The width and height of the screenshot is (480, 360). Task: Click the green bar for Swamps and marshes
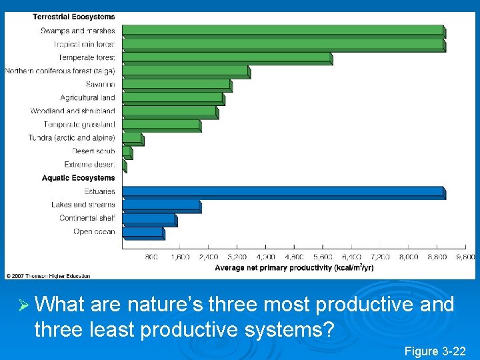point(283,31)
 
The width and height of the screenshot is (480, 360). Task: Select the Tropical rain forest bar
point(283,45)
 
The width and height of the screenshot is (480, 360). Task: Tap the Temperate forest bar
point(227,58)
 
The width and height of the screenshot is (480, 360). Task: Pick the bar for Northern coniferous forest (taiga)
point(185,71)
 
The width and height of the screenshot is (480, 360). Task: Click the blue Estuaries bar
point(283,192)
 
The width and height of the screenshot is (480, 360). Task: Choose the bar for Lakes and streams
point(161,205)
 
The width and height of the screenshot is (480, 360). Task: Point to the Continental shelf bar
point(149,219)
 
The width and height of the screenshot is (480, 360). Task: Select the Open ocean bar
point(143,232)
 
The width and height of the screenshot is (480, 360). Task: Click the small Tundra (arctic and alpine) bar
point(132,138)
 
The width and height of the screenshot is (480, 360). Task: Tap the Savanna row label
point(100,85)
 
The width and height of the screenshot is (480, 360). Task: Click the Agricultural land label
point(87,98)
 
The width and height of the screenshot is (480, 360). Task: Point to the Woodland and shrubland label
point(73,111)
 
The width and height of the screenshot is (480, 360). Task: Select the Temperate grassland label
point(79,125)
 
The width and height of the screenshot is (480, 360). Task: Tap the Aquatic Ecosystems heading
point(78,178)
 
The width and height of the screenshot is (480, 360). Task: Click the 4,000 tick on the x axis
point(265,257)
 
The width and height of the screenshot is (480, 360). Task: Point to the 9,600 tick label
point(465,257)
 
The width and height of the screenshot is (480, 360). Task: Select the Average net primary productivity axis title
point(294,267)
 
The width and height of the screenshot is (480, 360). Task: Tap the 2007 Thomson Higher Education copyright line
point(48,275)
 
